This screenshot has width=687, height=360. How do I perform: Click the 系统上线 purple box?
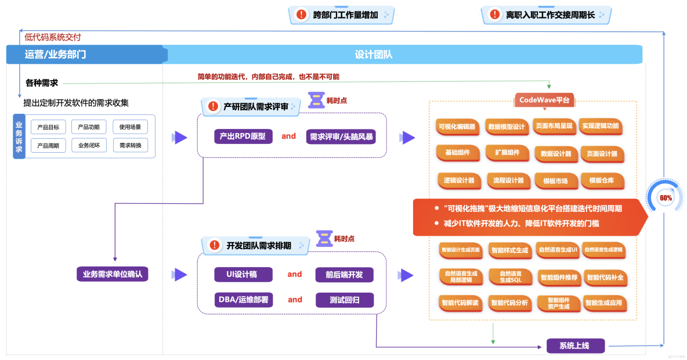(575, 346)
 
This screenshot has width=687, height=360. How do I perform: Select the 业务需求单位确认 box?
(113, 274)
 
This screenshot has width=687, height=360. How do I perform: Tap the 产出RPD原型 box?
(243, 136)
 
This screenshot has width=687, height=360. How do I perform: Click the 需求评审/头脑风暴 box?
(341, 136)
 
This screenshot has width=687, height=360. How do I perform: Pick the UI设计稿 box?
(243, 274)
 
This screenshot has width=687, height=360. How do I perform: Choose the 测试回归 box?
(344, 300)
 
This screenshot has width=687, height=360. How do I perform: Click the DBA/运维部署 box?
(243, 300)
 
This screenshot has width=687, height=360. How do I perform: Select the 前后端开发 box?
(344, 274)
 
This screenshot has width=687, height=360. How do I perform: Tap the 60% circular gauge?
(666, 198)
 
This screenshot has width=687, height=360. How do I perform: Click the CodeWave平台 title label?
(544, 100)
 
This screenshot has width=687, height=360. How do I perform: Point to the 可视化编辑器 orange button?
(457, 127)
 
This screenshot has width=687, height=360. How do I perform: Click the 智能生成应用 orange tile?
(603, 303)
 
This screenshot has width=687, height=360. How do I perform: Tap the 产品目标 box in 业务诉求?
(48, 127)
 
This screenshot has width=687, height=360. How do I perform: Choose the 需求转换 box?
(130, 145)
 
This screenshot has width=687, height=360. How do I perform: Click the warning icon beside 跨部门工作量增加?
(301, 15)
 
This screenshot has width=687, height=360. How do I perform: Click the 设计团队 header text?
(374, 55)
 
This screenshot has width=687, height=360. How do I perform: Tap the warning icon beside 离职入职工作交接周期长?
(494, 15)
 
